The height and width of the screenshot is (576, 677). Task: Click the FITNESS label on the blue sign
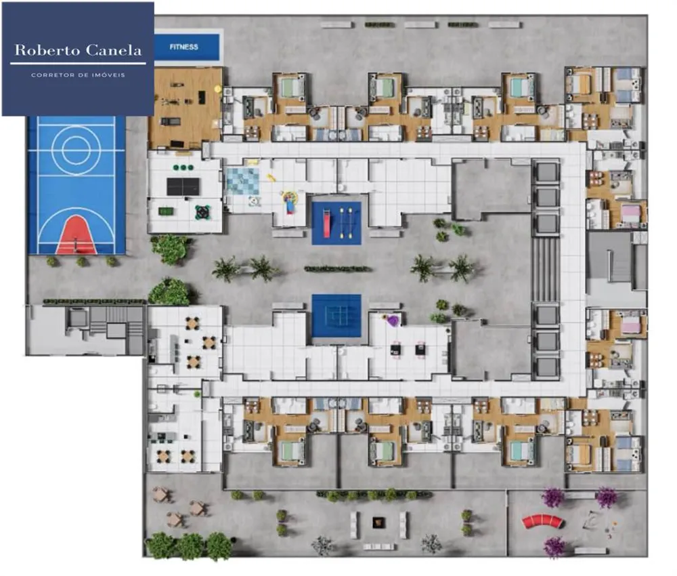tap(183, 47)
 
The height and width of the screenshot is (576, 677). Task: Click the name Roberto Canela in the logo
tap(78, 50)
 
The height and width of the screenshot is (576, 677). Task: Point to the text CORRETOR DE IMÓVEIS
tap(78, 75)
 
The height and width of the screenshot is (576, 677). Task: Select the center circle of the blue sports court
tap(76, 150)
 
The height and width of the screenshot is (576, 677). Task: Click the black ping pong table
tap(183, 186)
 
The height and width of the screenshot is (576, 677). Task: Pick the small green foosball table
tap(166, 211)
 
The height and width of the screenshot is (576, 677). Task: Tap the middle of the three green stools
tap(183, 167)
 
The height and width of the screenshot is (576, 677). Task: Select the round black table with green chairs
tap(202, 212)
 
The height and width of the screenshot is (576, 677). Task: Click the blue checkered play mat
tap(243, 181)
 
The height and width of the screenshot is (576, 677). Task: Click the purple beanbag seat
tap(393, 321)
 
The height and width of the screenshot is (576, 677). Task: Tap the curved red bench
tap(543, 522)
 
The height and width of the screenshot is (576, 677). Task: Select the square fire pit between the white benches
tap(378, 523)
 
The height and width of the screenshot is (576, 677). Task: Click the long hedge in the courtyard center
tap(336, 269)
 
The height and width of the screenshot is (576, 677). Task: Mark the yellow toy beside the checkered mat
tap(271, 178)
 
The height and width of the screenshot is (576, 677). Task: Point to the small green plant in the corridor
tap(197, 394)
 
